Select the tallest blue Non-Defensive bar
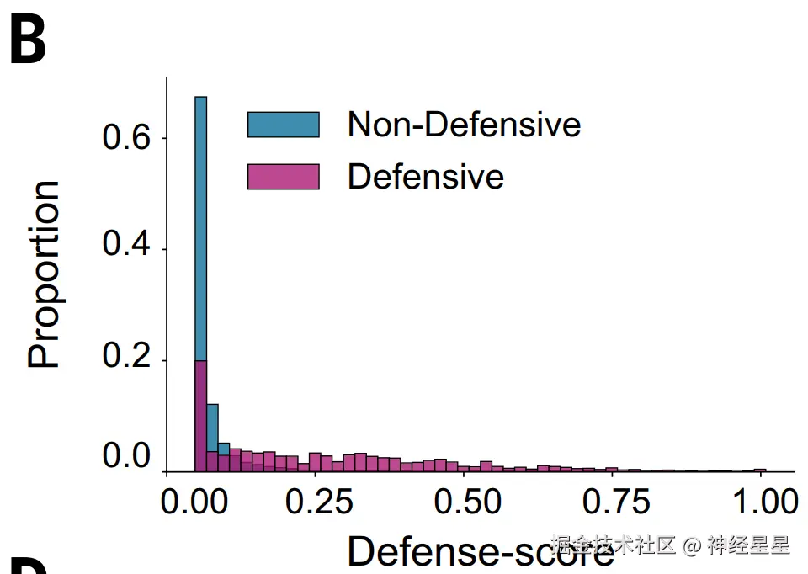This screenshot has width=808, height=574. pos(201,227)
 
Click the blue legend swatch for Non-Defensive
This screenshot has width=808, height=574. pos(283,125)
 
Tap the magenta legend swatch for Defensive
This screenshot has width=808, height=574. pos(283,177)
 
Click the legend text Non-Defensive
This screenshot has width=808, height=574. pos(464,125)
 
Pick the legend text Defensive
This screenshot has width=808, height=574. pos(425,177)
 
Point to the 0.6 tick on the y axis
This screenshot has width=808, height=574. pos(125,138)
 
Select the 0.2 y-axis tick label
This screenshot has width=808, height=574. pos(125,360)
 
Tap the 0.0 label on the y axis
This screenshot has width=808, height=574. pos(125,458)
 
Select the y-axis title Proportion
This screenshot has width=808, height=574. pos(45,274)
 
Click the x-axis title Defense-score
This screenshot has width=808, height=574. pos(480,551)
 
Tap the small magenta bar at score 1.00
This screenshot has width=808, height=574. pos(760,470)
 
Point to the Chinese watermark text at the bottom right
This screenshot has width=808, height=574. pos(670,545)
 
